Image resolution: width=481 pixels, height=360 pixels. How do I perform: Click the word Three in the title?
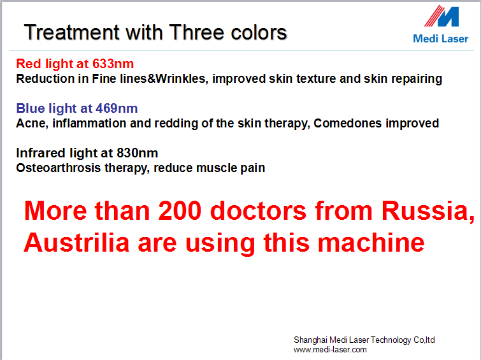(x=197, y=32)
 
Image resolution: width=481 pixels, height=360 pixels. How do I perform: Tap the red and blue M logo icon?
(x=442, y=16)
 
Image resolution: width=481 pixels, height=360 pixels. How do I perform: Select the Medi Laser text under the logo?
(x=440, y=39)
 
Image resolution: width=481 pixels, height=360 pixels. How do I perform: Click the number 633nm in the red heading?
(x=113, y=64)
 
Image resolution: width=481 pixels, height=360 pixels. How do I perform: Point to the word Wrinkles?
(x=180, y=79)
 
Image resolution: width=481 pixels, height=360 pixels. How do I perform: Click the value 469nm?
(x=117, y=108)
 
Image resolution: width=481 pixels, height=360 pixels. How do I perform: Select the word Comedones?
(x=347, y=124)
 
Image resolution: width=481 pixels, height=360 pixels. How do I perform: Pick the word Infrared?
(x=41, y=153)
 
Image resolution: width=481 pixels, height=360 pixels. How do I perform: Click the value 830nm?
(x=137, y=153)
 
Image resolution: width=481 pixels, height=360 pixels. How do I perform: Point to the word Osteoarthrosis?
(x=59, y=168)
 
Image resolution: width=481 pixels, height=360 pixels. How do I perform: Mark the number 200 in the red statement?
(x=180, y=211)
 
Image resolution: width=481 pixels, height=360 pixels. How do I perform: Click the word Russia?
(x=427, y=211)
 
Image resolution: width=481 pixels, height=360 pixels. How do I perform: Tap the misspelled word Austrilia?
(x=76, y=243)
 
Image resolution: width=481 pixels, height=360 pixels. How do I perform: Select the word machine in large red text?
(x=371, y=243)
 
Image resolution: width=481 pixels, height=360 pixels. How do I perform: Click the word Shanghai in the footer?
(x=310, y=340)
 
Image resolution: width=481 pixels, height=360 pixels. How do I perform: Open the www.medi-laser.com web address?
(x=330, y=350)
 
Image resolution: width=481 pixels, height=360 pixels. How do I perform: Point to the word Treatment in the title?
(x=71, y=32)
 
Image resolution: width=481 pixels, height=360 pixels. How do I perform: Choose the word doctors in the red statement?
(x=258, y=211)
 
